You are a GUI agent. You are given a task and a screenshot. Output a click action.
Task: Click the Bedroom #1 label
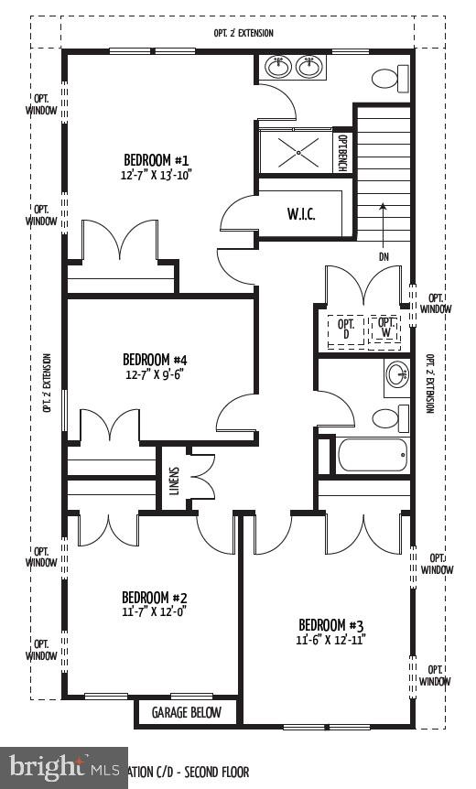point(157,158)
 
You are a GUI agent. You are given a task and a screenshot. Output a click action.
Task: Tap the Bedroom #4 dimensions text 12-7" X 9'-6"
point(155,373)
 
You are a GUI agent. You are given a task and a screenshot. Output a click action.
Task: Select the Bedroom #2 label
point(155,598)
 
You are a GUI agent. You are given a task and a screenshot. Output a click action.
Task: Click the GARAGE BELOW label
point(187,712)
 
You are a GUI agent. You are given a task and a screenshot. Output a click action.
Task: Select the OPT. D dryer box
point(346,328)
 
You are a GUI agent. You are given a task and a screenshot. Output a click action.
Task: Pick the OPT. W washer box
point(386,328)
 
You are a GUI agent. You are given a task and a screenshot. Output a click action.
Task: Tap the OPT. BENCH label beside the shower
point(342,152)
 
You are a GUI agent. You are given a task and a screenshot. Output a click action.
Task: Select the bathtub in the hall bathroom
point(372,455)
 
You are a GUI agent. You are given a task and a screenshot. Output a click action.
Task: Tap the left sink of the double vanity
point(276,66)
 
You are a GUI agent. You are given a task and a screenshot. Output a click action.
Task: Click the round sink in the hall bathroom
point(396,374)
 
